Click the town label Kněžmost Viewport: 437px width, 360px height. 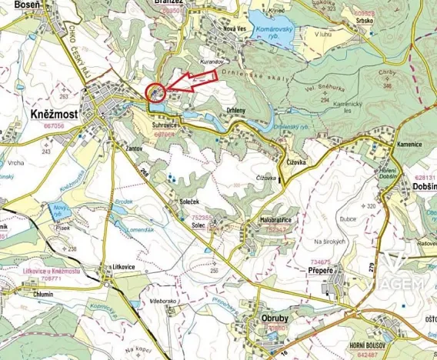[x=56, y=113]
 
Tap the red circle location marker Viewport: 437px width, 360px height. [x=155, y=93]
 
